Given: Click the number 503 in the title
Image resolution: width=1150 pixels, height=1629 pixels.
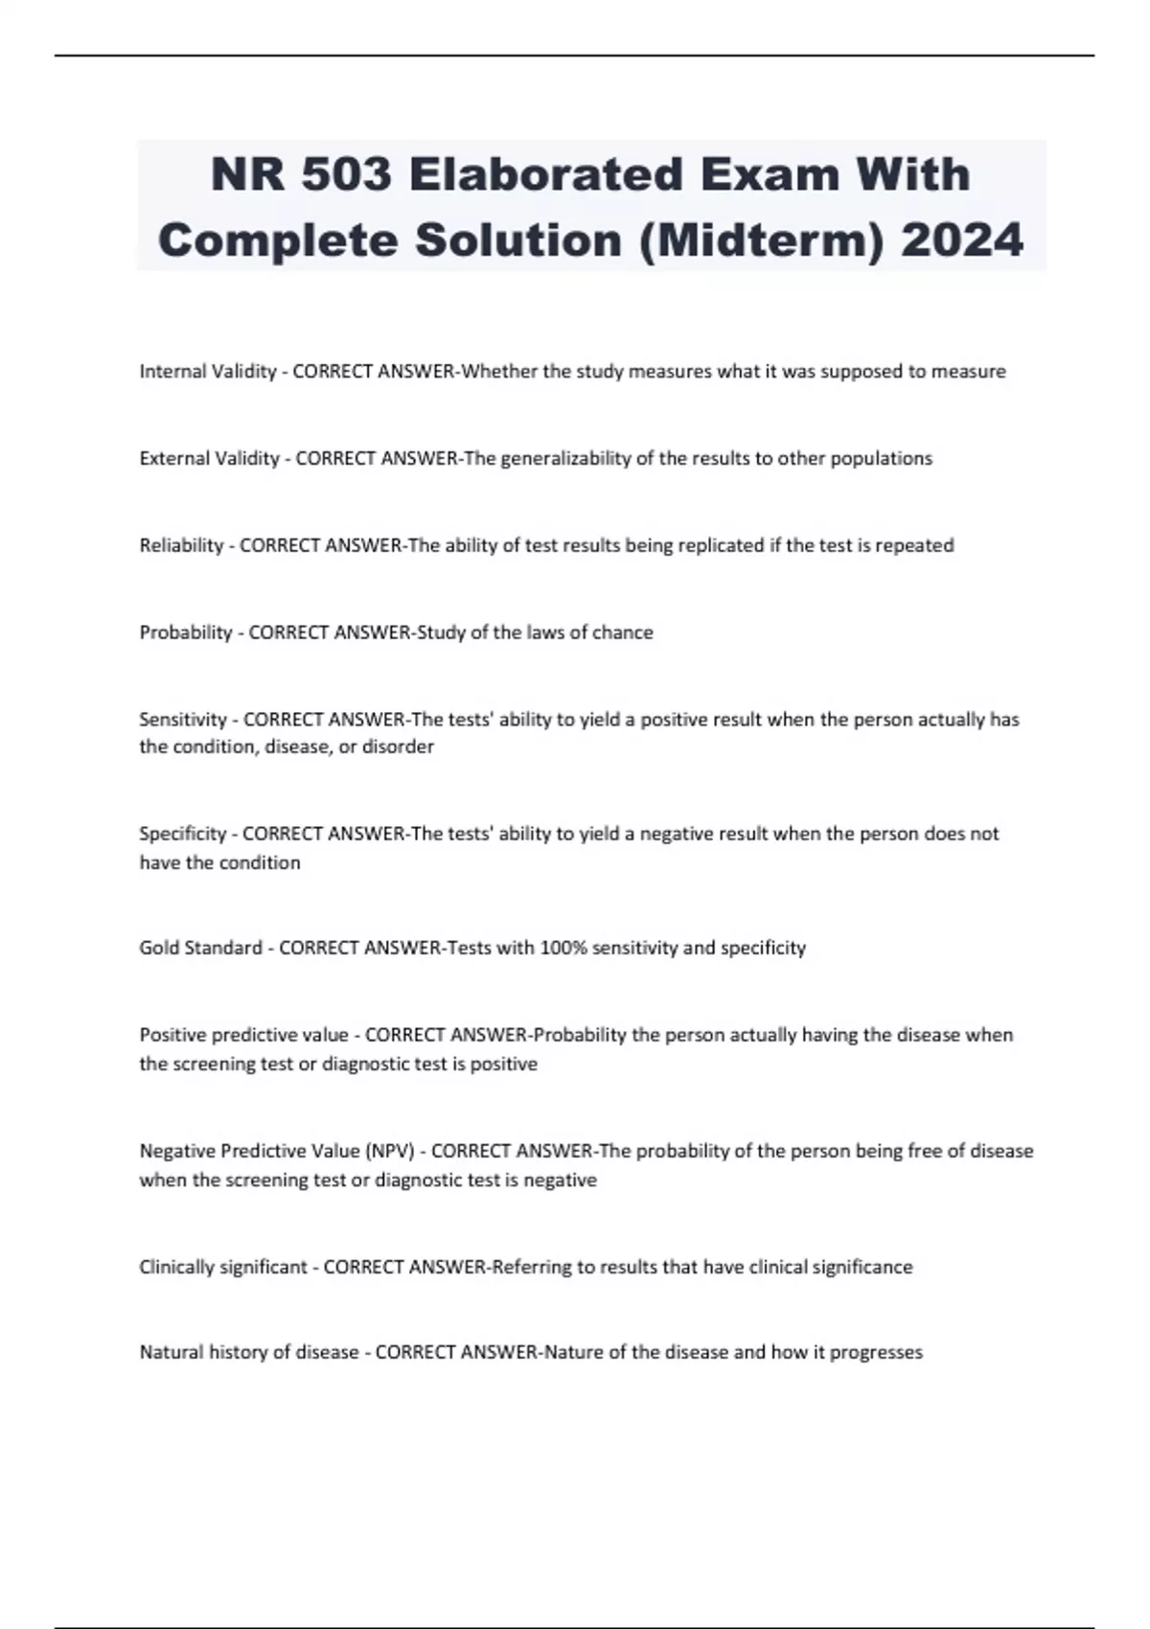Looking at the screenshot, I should (x=347, y=174).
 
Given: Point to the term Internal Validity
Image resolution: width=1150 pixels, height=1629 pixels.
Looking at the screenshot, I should (x=208, y=372).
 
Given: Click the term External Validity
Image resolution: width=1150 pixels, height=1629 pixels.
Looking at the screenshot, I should (x=209, y=459).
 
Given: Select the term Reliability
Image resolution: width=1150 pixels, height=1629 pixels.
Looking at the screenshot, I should (x=181, y=546).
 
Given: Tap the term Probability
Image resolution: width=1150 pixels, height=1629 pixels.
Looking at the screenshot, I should (x=186, y=632).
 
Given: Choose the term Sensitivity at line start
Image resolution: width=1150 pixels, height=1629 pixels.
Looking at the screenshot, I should (x=184, y=720).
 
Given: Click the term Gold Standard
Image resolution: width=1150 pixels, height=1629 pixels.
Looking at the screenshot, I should (x=200, y=948).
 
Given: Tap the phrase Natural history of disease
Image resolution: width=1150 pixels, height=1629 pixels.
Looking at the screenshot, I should (x=249, y=1353).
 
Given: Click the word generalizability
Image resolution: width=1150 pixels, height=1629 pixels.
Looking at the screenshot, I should (x=565, y=459).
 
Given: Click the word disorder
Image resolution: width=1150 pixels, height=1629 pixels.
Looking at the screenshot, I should (x=398, y=746).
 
